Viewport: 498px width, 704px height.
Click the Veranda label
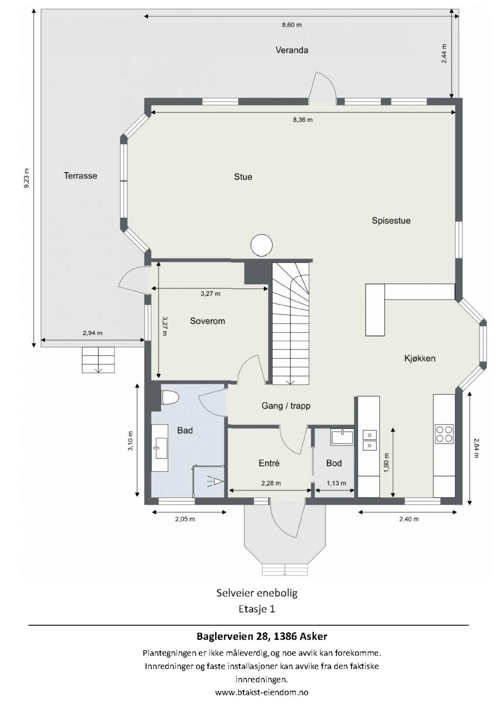click(x=291, y=50)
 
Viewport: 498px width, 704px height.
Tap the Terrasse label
click(x=80, y=176)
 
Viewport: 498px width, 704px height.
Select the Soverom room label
click(x=207, y=321)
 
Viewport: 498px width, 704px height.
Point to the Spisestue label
click(x=391, y=221)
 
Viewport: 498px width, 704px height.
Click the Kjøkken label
click(x=420, y=358)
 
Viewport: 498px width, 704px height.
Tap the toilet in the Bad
click(x=170, y=397)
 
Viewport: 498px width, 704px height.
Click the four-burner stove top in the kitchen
click(x=444, y=434)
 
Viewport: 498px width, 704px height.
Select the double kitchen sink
click(x=369, y=440)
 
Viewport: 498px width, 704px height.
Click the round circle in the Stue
click(x=261, y=245)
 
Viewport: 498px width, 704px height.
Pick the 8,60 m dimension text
click(x=292, y=25)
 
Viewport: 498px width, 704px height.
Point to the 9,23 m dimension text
click(x=27, y=178)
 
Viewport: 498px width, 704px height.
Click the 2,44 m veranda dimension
click(x=444, y=53)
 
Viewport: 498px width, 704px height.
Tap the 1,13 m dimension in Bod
click(x=336, y=483)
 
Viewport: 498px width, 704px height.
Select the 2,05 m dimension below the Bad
click(x=185, y=519)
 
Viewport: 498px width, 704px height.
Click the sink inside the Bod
click(x=342, y=437)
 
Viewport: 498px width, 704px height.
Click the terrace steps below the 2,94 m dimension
click(x=99, y=360)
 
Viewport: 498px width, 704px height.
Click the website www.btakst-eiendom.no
click(x=262, y=692)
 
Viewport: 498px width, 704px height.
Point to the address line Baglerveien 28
click(x=262, y=636)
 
